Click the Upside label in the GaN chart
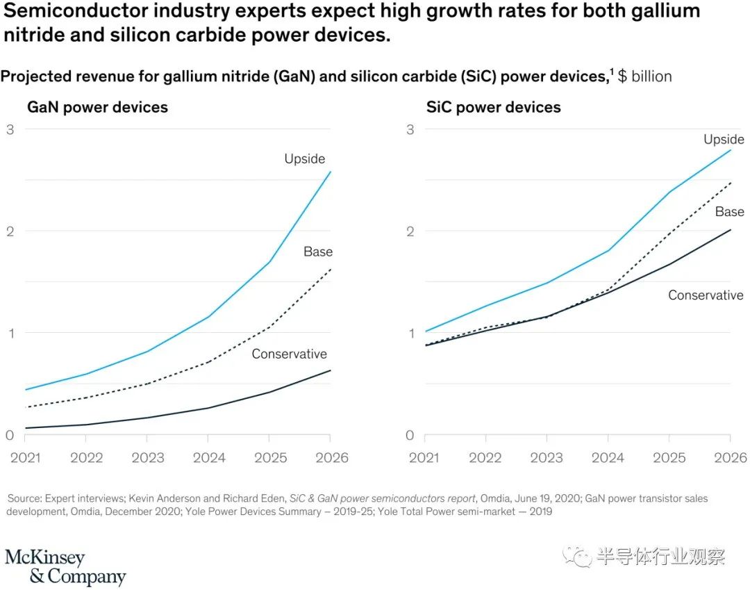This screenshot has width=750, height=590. [x=304, y=159]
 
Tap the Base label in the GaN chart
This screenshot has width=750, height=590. [x=318, y=252]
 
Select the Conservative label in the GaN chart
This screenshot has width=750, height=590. [x=289, y=354]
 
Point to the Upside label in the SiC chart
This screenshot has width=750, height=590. [x=724, y=140]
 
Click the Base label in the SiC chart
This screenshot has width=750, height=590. [x=730, y=211]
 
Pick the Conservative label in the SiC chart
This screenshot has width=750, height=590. [x=706, y=295]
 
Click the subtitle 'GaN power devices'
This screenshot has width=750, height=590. [x=97, y=108]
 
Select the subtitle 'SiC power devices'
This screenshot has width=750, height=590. [x=494, y=108]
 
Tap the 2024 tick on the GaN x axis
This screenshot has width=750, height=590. [x=209, y=457]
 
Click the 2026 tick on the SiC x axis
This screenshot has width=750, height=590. [x=730, y=457]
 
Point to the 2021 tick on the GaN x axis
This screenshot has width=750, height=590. [x=26, y=457]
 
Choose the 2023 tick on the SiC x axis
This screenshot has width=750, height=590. [x=547, y=457]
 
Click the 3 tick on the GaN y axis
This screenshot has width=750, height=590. [x=10, y=129]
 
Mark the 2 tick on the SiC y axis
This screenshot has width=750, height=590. [x=410, y=231]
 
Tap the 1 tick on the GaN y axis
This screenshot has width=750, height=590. [x=10, y=333]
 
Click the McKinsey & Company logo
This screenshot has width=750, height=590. [x=65, y=567]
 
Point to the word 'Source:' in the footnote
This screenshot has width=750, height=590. [x=24, y=499]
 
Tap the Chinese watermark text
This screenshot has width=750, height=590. [x=660, y=557]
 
